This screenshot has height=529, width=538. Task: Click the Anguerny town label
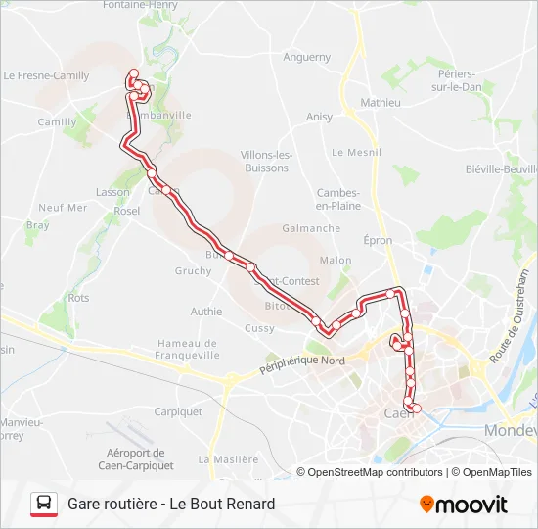307,57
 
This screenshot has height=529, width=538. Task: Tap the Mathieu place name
381,102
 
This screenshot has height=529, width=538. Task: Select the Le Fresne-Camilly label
46,75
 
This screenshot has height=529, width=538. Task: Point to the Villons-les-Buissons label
267,162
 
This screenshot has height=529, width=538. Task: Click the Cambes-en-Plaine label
338,199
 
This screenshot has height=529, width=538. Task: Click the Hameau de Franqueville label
187,350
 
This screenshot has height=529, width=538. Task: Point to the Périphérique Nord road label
302,366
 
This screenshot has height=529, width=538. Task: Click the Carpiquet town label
178,411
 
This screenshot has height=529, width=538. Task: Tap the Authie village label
206,312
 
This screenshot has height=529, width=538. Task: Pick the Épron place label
378,240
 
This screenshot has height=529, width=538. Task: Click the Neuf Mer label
63,208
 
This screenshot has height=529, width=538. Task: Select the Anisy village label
319,117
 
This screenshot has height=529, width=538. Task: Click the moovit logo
464,505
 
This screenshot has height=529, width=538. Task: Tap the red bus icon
43,504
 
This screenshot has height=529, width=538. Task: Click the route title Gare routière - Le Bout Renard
171,504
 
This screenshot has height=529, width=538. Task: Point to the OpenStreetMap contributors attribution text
376,472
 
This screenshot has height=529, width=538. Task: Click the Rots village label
78,298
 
